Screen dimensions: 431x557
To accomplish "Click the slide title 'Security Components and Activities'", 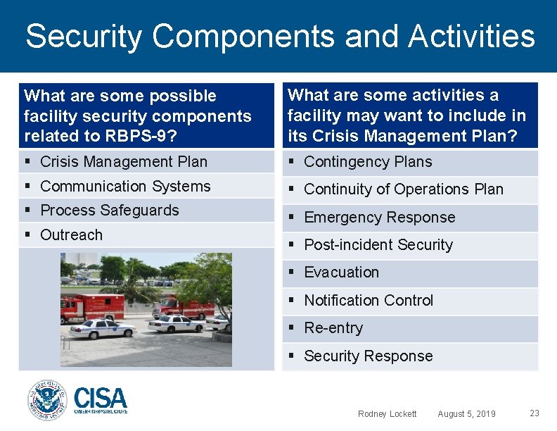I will click(x=280, y=37).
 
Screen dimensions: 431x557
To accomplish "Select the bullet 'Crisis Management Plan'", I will click(x=124, y=162).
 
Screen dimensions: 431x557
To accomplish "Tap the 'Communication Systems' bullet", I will click(x=125, y=187).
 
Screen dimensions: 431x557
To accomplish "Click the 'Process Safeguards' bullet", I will click(x=110, y=211).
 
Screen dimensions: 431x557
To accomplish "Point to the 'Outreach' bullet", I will click(x=71, y=235).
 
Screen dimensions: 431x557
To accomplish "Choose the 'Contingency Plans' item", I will click(x=368, y=162).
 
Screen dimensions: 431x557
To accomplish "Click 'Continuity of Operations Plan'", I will click(x=404, y=189).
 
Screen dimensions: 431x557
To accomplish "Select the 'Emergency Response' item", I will click(x=380, y=218).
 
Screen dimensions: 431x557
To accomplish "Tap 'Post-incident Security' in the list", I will click(x=378, y=245).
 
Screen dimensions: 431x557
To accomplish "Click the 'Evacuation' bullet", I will click(x=341, y=273).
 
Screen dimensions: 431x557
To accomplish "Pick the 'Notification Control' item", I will click(x=369, y=301).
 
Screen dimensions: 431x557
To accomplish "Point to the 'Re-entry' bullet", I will click(x=333, y=328).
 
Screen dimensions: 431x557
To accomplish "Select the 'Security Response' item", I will click(x=368, y=356).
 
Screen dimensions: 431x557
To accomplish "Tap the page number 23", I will click(x=534, y=413).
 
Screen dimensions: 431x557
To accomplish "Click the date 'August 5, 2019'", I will click(x=466, y=414).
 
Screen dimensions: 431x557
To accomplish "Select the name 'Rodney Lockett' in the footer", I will click(x=387, y=414).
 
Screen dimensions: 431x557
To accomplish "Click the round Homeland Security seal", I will click(x=46, y=401).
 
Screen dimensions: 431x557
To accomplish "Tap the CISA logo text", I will click(x=100, y=399).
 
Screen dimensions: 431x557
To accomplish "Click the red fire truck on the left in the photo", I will click(x=91, y=308).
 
